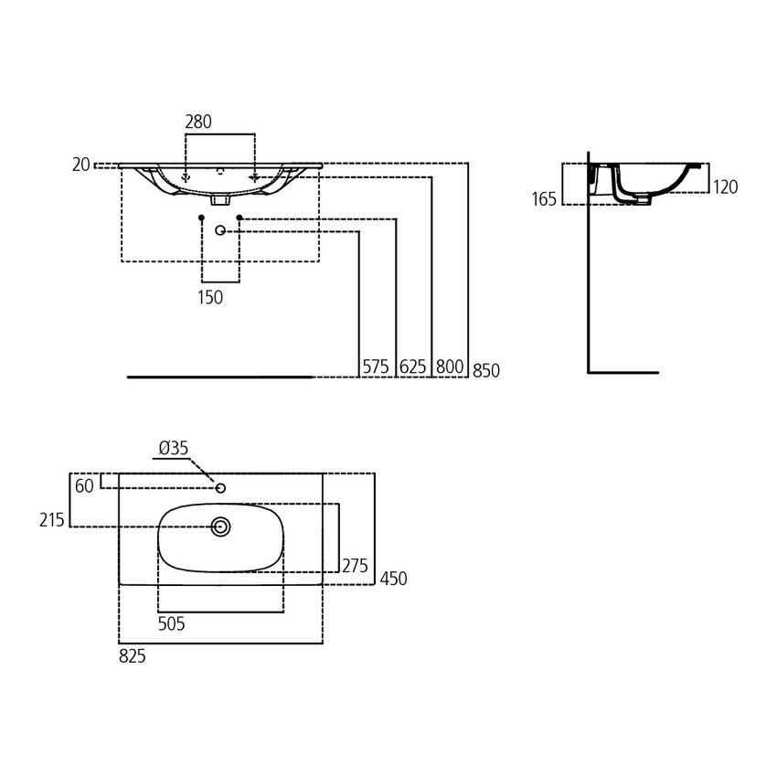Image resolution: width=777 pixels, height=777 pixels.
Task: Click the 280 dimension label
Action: tap(198, 122)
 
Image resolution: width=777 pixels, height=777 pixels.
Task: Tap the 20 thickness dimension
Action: tap(81, 165)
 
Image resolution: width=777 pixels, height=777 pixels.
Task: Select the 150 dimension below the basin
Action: tap(210, 297)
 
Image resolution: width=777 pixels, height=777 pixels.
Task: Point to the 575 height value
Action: tap(376, 367)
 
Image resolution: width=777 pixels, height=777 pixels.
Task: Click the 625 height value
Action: tap(413, 367)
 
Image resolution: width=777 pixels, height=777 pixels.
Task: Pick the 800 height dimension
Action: tap(449, 367)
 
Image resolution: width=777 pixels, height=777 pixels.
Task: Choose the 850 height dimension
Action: tap(486, 369)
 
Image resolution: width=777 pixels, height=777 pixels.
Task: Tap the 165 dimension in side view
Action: tap(544, 199)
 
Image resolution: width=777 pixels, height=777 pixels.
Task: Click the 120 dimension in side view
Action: tap(725, 187)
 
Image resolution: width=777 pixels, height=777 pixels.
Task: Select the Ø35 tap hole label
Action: tap(173, 448)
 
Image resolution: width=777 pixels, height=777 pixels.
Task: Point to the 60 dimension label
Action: tap(84, 486)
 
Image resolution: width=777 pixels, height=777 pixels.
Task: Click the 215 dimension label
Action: tap(53, 519)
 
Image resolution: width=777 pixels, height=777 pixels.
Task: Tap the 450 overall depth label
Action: tap(394, 579)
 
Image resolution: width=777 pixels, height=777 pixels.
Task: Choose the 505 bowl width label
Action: tap(172, 624)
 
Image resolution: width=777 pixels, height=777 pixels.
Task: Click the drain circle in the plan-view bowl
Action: tap(221, 527)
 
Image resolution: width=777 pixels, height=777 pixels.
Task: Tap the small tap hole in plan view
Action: tap(220, 489)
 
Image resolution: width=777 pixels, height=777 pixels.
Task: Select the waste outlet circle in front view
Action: tap(220, 231)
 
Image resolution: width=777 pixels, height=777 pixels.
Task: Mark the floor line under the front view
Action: tap(219, 376)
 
